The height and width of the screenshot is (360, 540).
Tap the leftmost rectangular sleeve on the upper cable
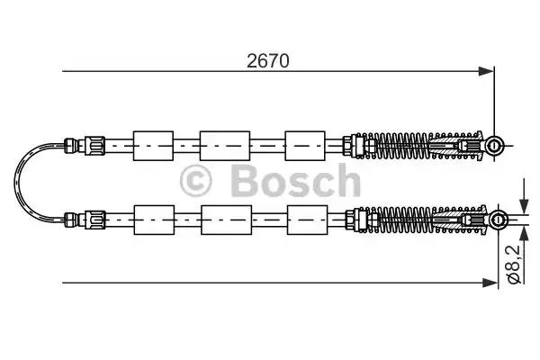point(152,144)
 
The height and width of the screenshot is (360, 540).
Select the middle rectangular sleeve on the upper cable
point(224,144)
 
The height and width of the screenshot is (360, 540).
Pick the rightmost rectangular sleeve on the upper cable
point(304,144)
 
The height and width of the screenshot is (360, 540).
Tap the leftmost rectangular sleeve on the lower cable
point(152,217)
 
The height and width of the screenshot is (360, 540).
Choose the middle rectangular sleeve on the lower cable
point(224,217)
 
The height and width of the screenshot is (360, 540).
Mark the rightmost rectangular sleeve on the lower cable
point(304,217)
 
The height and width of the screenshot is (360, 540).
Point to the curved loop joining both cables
point(22,180)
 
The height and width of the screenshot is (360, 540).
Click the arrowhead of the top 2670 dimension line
point(488,71)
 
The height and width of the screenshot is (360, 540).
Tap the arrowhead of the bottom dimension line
point(489,283)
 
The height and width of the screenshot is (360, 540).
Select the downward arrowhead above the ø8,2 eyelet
point(523,204)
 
